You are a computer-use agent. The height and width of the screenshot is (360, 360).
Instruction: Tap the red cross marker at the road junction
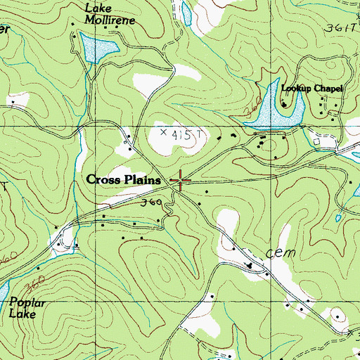[x=181, y=181]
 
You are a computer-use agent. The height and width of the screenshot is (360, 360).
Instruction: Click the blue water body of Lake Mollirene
[x=98, y=49]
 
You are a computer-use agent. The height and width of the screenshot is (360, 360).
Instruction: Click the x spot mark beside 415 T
[x=164, y=131]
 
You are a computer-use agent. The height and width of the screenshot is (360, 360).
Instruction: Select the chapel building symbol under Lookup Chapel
[x=284, y=105]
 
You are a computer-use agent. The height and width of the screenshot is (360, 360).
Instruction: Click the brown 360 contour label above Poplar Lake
[x=30, y=287]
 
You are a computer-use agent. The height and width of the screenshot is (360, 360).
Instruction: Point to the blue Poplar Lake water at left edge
[x=3, y=292]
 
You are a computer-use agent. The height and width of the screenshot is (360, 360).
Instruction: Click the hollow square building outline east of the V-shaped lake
[x=316, y=141]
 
